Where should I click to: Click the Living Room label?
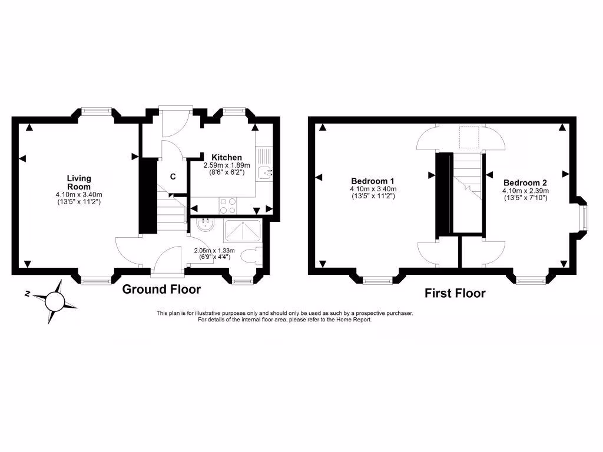(78, 182)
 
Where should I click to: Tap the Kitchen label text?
(227, 157)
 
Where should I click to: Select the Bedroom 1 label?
(373, 181)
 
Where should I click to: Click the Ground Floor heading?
(161, 290)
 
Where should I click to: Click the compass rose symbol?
(54, 301)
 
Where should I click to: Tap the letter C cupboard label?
(173, 177)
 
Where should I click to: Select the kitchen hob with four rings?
(228, 205)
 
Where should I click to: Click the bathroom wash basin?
(206, 225)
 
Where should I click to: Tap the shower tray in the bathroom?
(243, 231)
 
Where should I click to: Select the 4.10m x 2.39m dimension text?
(525, 191)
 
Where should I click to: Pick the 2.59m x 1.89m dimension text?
(227, 165)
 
